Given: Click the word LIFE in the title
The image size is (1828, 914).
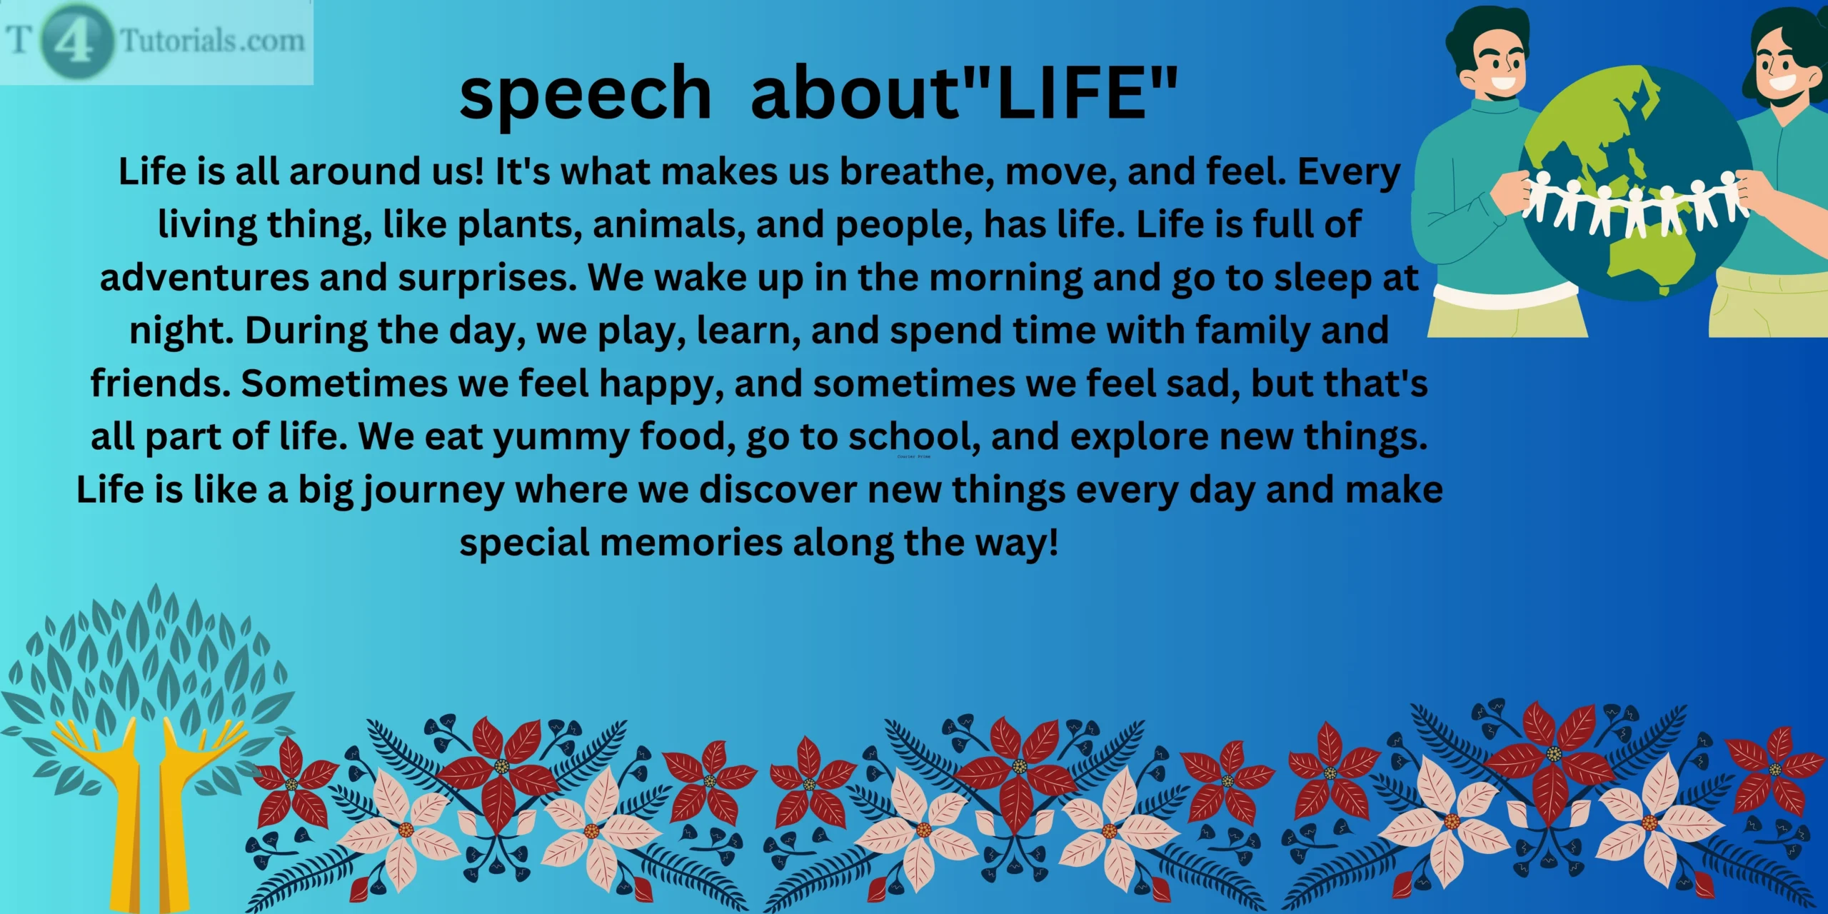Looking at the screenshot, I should pos(1071,93).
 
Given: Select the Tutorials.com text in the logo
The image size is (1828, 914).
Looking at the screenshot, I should pos(212,40).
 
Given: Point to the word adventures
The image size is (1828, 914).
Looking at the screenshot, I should pos(204,277).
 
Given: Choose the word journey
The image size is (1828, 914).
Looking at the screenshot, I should pos(433,491).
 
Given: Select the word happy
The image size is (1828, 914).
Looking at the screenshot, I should pos(656,384).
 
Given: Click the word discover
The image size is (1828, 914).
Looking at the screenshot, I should pos(778,491).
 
